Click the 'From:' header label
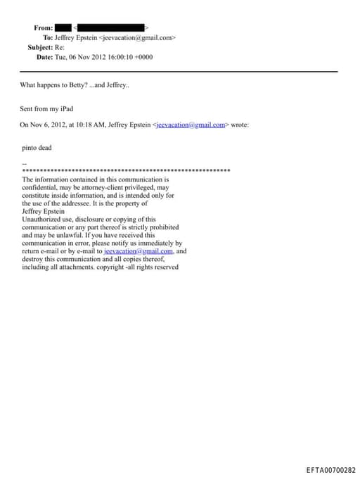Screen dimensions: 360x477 [x=43, y=28]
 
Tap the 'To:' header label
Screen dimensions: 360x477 [x=48, y=37]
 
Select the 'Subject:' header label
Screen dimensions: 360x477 [x=40, y=47]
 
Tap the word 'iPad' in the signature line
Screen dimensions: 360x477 [x=66, y=110]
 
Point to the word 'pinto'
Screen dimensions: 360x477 [x=30, y=148]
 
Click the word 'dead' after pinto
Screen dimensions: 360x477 [x=47, y=148]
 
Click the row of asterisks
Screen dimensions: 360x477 [x=127, y=171]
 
